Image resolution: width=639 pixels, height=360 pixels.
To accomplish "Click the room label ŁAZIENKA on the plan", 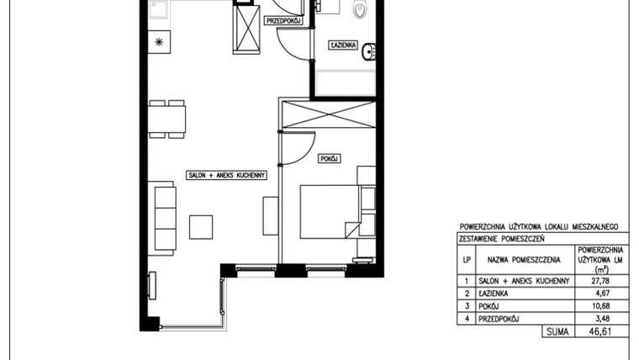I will coord(345,44).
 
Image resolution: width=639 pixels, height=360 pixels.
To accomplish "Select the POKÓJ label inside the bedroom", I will coord(329,158).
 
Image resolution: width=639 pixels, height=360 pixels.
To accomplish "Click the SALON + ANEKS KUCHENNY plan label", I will coord(226,175).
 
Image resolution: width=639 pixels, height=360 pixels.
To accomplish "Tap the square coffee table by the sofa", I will coord(200,227).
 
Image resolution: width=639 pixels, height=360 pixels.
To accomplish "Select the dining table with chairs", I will coord(167,118).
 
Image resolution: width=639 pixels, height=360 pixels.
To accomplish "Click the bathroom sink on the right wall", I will coord(368,55).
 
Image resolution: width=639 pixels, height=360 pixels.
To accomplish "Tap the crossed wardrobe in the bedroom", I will coord(327,114).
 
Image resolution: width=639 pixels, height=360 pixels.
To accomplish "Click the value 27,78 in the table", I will coord(601,281).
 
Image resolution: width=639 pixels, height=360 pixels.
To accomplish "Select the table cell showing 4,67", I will coord(601,294).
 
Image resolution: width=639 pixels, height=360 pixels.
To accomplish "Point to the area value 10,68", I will coord(601,306).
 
